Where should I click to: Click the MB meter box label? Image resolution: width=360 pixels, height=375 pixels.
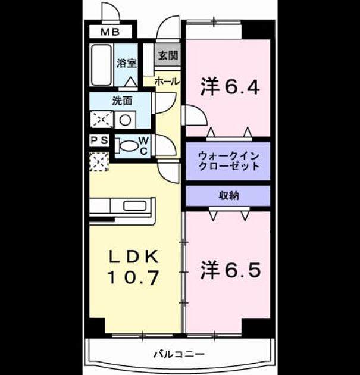coord(110,32)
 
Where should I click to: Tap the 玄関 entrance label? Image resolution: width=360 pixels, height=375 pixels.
coord(168,55)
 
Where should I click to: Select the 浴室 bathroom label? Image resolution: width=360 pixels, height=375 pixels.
coord(127,62)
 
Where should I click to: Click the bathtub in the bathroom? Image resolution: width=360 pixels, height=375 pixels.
coord(102,64)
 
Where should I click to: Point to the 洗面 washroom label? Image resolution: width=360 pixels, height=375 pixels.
coord(122,101)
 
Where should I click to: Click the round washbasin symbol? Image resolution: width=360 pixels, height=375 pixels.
coord(126,120)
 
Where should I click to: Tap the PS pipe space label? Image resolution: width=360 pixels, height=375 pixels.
coord(100,140)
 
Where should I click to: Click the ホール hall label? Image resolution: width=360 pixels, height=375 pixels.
coord(167,82)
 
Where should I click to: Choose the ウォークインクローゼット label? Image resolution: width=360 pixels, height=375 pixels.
coord(228,161)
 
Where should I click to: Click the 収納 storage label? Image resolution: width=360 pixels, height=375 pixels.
coord(228,196)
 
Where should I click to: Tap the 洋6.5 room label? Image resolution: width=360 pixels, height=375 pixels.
coord(230,270)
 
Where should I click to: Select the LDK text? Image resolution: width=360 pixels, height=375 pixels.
coord(134,257)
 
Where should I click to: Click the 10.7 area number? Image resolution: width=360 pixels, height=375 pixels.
coord(134,277)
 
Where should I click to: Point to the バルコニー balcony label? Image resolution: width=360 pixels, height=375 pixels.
coord(179,354)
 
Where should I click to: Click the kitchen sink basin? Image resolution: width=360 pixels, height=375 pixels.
coord(135,206)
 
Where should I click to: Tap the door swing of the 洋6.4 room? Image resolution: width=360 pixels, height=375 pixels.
coord(194,115)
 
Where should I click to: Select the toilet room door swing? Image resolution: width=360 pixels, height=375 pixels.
coord(165,145)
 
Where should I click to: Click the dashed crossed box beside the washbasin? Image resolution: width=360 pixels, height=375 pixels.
coord(102,119)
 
